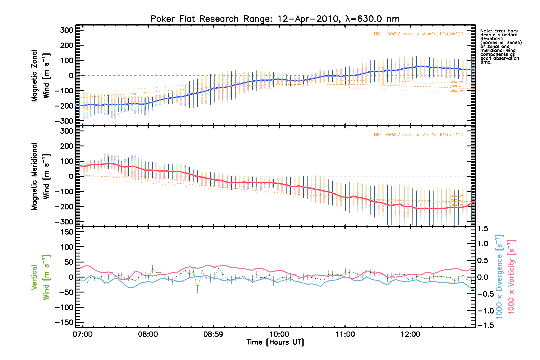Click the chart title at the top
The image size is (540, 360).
(275, 19)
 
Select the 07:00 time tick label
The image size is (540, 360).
(82, 334)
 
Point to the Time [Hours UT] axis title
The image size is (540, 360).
(275, 342)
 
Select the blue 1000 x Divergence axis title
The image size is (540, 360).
(499, 277)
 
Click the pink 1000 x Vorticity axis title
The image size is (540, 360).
(511, 277)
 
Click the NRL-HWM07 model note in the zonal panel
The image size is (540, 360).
(418, 34)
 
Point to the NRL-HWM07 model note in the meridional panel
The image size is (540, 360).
(418, 135)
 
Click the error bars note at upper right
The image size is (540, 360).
(501, 46)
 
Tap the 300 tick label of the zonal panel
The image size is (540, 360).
(67, 30)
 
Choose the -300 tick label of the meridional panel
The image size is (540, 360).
(64, 222)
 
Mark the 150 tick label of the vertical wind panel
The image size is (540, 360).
(67, 232)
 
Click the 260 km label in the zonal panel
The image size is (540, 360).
(457, 91)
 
